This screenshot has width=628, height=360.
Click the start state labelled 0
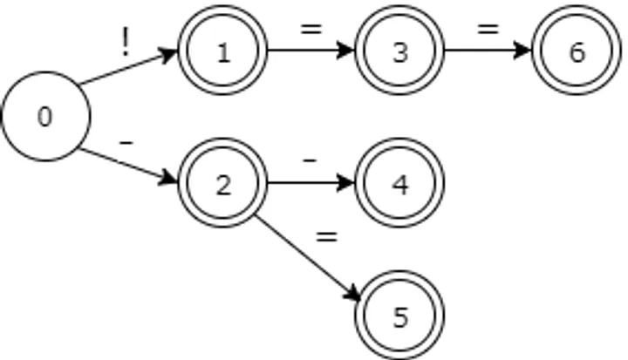pos(45,117)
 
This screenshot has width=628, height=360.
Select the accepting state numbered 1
pos(222,51)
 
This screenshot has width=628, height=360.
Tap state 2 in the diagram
pos(222,184)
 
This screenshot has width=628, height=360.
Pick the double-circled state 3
pos(399,51)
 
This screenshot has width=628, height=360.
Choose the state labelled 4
pos(399,184)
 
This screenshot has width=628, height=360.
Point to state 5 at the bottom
pos(399,316)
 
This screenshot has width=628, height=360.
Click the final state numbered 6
pos(577,51)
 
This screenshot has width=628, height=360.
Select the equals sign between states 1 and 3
pos(311,30)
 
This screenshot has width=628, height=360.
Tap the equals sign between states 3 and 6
pos(488,30)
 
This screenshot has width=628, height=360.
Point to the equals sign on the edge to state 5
pos(326,236)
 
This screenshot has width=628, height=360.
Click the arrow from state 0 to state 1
pos(126,69)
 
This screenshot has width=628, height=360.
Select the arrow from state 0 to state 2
pos(126,166)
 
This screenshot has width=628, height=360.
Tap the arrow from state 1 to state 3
pos(311,51)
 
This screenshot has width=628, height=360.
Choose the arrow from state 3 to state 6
pos(488,51)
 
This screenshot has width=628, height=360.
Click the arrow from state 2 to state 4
pos(311,183)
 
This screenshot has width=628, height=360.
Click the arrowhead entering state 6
pos(525,51)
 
